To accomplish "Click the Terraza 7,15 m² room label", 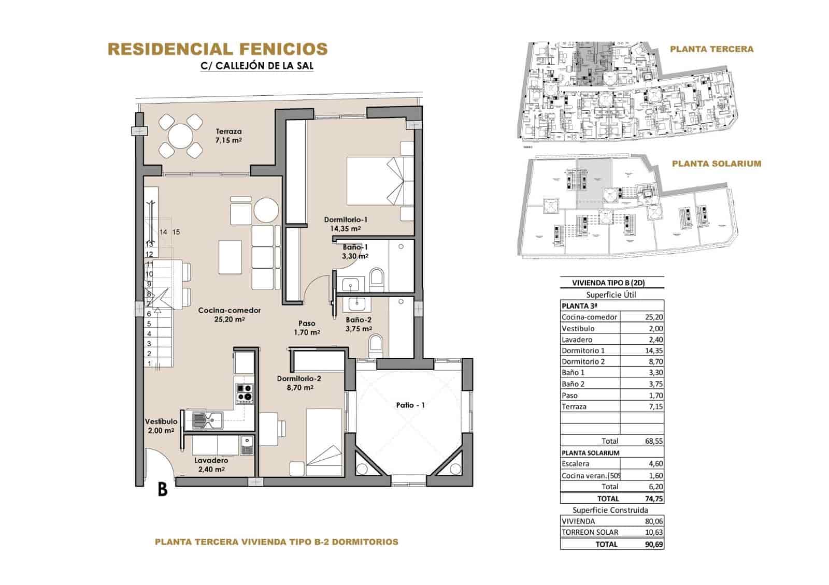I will (229, 136).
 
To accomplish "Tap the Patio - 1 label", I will (410, 405).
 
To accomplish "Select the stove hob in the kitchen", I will (245, 393).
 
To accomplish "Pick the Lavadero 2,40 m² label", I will (211, 465).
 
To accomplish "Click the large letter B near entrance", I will (162, 489).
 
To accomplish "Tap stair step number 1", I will (150, 363).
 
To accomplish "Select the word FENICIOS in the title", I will (283, 49).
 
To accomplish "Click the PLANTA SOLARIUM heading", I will (716, 164).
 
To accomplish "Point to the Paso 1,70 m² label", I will (307, 328).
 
